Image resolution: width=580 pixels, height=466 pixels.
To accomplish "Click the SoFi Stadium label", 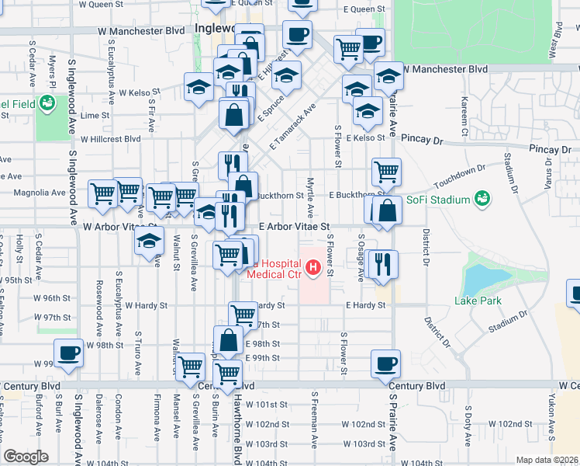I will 440,200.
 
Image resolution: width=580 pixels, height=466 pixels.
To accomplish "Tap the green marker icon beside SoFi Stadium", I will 482,199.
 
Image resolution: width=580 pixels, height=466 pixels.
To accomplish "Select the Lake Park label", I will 478,301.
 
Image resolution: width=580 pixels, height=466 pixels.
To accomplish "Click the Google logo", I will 26,457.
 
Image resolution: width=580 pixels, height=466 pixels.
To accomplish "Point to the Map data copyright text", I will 546,460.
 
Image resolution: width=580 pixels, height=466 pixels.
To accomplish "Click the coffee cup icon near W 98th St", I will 68,353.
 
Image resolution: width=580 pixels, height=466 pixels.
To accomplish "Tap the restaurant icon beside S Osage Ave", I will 384,263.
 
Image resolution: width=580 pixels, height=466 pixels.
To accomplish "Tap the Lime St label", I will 95,114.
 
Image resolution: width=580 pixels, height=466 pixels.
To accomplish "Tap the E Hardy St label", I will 365,306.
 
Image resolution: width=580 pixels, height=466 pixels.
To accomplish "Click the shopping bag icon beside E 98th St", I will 229,340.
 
